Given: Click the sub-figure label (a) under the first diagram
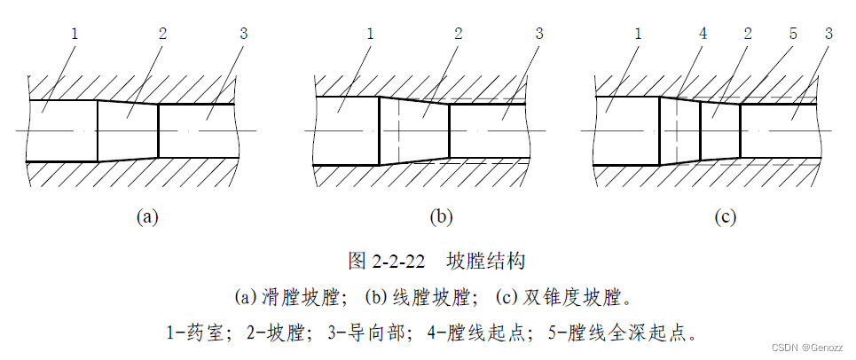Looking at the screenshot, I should point(146,216).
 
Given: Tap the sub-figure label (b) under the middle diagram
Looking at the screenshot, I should point(441,216).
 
